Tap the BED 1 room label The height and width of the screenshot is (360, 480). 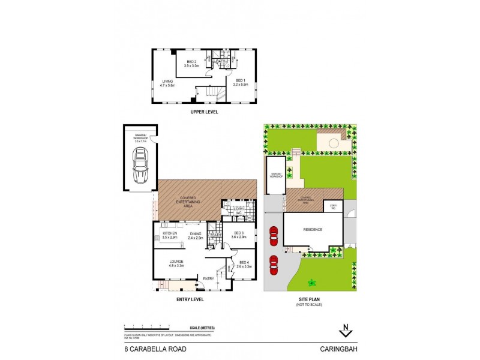[240, 80]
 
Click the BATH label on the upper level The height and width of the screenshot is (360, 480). [220, 61]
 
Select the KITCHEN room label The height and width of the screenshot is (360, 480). [170, 233]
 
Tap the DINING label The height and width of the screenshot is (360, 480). [196, 234]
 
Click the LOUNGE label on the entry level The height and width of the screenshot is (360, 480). [176, 262]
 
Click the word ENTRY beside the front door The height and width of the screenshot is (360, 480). [208, 278]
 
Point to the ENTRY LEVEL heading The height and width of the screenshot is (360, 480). [190, 299]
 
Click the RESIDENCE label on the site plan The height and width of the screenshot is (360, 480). [312, 229]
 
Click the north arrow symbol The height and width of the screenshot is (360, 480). [345, 329]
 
